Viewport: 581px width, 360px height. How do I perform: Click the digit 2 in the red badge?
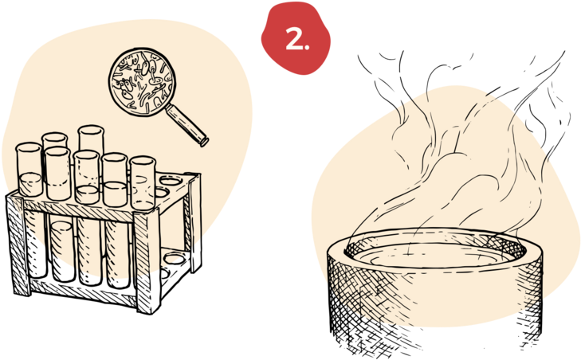coord(294,39)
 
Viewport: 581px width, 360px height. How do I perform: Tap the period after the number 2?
coord(306,48)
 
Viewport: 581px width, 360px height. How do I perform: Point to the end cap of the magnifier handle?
coord(204,142)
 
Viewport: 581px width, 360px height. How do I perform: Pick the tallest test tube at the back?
coord(91,141)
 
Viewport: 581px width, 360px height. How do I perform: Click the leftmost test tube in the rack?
coord(29,170)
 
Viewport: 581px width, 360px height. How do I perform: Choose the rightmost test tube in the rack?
coord(143,183)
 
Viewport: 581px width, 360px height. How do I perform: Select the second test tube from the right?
coord(115,180)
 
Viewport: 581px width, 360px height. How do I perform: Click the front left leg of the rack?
coord(16,245)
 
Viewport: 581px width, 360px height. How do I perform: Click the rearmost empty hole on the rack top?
coord(170,181)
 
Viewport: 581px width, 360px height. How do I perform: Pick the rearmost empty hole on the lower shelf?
coord(175,258)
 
